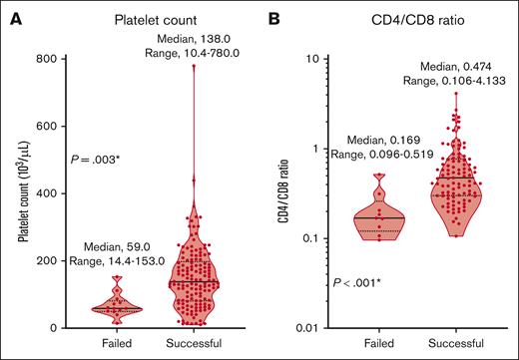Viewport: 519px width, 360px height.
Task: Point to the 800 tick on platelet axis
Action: tap(52, 59)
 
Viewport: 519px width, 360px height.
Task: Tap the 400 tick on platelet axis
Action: tap(52, 192)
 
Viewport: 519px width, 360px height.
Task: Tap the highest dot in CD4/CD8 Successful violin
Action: tap(456, 95)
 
